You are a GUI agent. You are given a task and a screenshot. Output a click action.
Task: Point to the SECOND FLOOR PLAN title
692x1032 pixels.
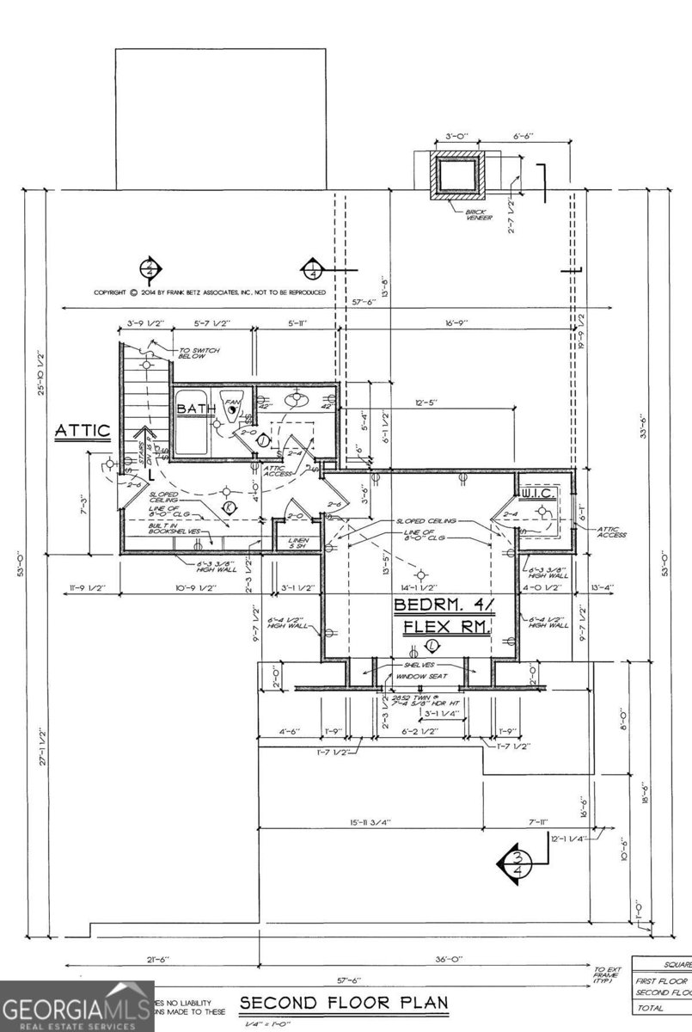[344, 1003]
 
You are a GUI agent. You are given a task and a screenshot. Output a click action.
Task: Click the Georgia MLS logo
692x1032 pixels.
[77, 1005]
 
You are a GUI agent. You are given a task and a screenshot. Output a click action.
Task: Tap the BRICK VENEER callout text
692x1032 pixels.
[478, 215]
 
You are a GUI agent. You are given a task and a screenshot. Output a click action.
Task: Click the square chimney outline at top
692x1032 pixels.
[459, 175]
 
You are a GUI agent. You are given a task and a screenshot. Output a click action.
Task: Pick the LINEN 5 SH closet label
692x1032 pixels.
[297, 543]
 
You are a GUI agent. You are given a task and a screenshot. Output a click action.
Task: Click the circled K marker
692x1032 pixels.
[229, 507]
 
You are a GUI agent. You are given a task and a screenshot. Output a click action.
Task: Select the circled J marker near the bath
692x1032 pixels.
[264, 439]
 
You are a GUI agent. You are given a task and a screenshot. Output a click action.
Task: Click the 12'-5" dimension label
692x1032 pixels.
[427, 401]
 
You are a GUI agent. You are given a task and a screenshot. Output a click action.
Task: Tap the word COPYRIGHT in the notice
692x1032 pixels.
[110, 292]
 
